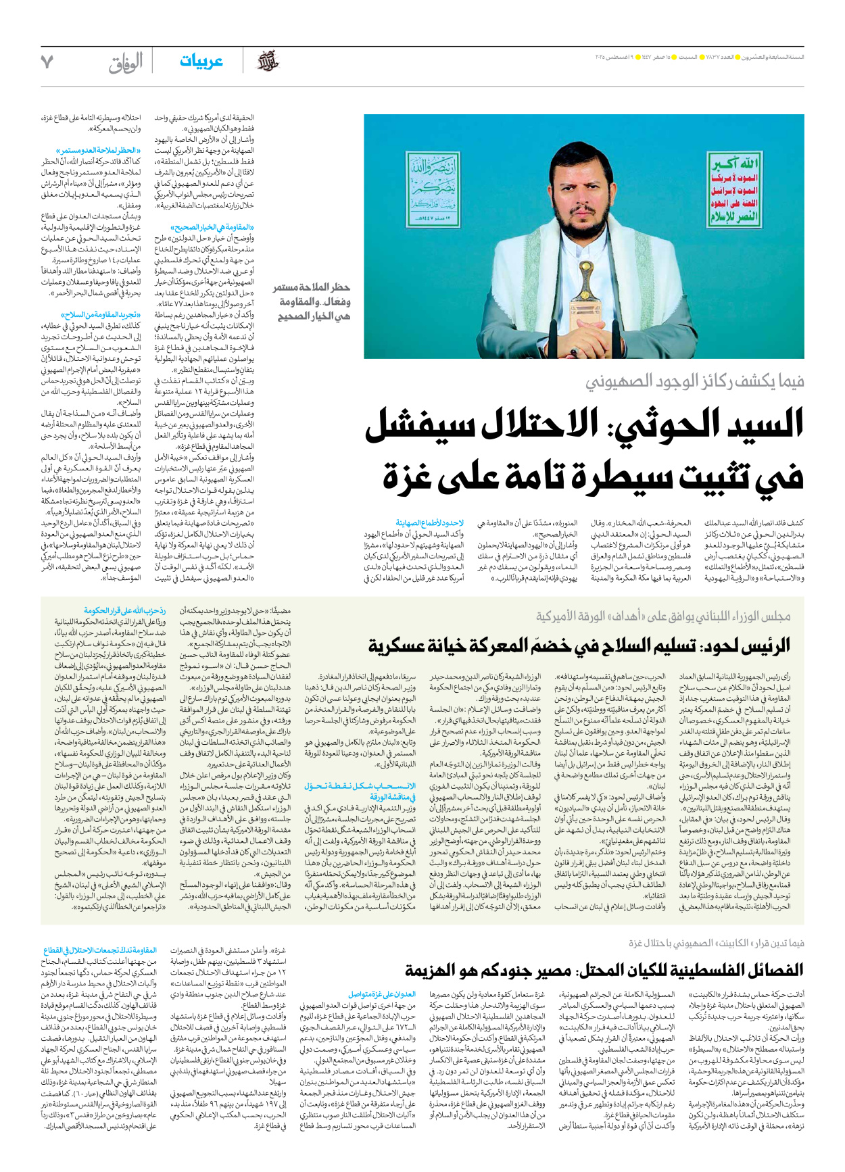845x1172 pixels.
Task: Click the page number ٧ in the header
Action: tap(47, 62)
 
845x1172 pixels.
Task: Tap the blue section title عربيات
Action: tap(201, 62)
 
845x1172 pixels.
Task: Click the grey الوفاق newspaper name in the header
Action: tap(126, 63)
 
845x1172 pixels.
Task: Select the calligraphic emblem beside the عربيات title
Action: tap(267, 62)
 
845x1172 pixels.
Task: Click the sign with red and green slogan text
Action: tap(734, 189)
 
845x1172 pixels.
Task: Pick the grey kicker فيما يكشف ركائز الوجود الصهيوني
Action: tap(695, 382)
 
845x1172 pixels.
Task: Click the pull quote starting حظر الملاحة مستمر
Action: tap(313, 302)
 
